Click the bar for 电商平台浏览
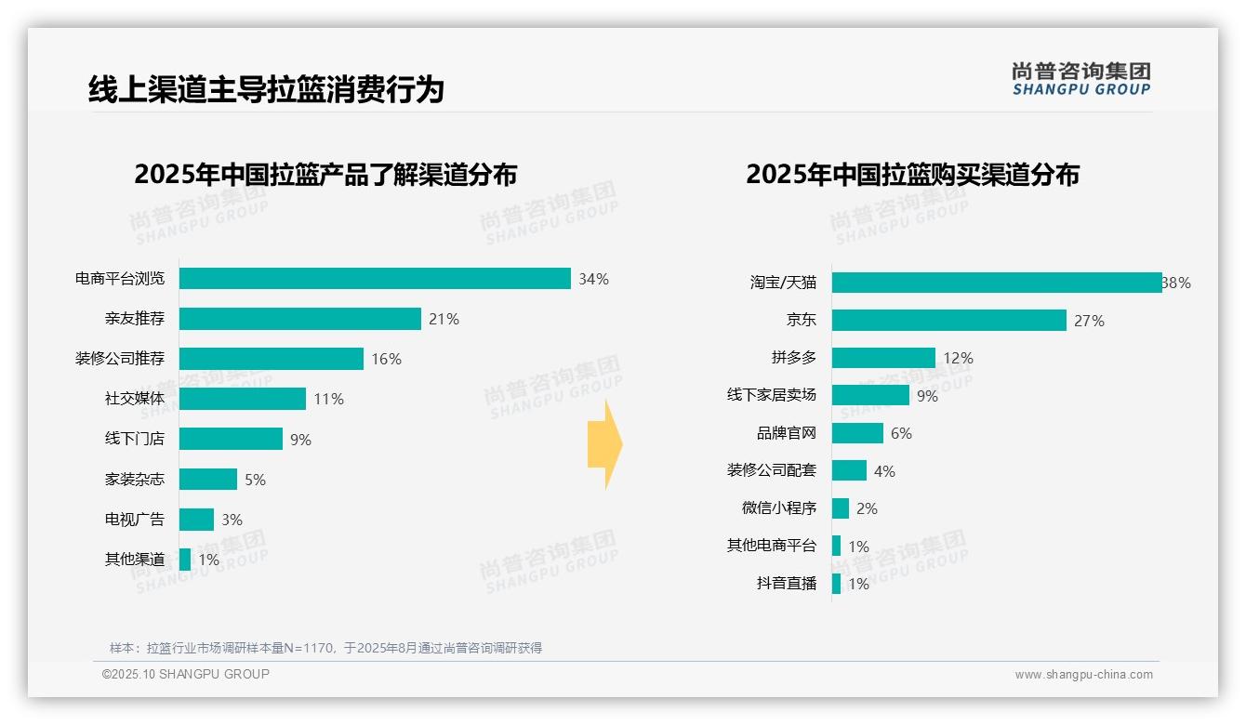click(375, 279)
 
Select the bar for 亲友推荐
click(300, 319)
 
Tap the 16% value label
click(387, 359)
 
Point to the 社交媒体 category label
click(135, 399)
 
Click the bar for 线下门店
click(231, 439)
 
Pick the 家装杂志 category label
click(135, 480)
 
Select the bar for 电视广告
click(196, 520)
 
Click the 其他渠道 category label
click(135, 560)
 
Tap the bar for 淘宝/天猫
click(997, 283)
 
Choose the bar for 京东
click(949, 321)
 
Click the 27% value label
click(1090, 321)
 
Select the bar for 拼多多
click(883, 358)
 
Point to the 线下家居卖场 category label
click(772, 395)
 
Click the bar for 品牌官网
click(857, 433)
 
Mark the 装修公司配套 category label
click(772, 471)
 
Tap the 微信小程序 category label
click(779, 508)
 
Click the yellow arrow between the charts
click(604, 444)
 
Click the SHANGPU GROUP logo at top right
click(1081, 79)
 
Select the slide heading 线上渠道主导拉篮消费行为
click(266, 89)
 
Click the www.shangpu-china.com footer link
click(1083, 675)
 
